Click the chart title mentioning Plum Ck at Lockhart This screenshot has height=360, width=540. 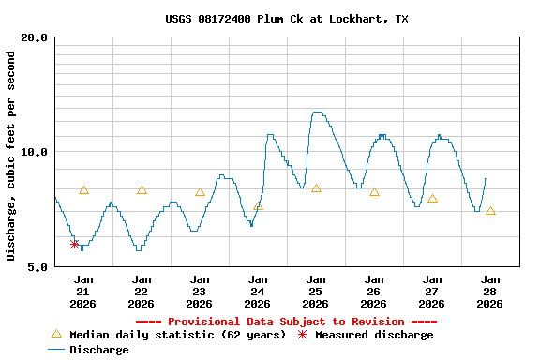[x=287, y=19]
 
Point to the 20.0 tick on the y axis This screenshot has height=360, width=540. [x=35, y=37]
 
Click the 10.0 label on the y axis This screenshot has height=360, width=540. [x=35, y=152]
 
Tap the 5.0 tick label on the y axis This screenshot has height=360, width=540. [x=37, y=266]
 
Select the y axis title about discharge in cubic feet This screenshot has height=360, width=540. [x=11, y=156]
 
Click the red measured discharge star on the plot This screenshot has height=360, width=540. [x=75, y=244]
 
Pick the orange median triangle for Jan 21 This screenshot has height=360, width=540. [x=83, y=190]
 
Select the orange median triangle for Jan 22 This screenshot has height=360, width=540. [x=142, y=190]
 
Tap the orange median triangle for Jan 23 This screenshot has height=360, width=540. [x=200, y=192]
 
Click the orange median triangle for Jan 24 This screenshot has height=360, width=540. [x=258, y=205]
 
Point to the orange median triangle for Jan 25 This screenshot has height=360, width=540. [x=316, y=188]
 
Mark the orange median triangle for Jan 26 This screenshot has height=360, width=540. [x=374, y=192]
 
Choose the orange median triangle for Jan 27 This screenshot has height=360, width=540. [x=432, y=199]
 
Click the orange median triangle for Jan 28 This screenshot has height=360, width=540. [x=490, y=211]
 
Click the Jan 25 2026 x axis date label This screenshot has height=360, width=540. [x=316, y=291]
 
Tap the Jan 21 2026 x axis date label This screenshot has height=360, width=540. [x=83, y=291]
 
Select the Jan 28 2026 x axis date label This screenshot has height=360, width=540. [x=490, y=291]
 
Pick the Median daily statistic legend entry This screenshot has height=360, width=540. [x=169, y=335]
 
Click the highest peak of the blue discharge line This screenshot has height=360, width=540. [x=317, y=112]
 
